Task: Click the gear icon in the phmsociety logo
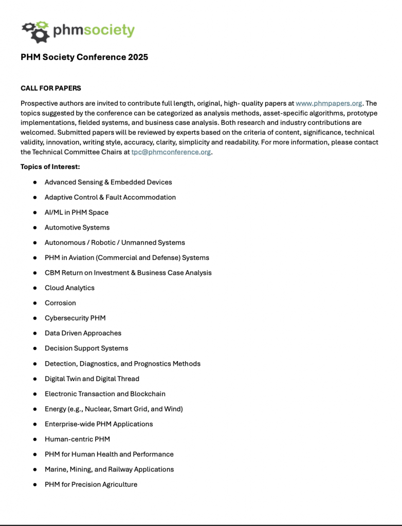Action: click(35, 31)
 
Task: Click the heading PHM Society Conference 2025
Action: click(84, 57)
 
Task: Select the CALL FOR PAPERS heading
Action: click(51, 88)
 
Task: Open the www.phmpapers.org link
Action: click(329, 103)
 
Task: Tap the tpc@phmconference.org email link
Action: click(171, 152)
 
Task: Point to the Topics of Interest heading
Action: click(50, 167)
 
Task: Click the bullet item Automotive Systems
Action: click(77, 228)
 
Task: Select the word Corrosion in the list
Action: click(60, 303)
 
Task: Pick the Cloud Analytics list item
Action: click(69, 288)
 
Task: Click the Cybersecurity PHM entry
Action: click(75, 318)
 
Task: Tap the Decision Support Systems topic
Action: click(86, 348)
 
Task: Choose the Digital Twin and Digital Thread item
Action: click(92, 379)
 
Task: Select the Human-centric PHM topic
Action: click(77, 439)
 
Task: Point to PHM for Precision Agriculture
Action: click(91, 484)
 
